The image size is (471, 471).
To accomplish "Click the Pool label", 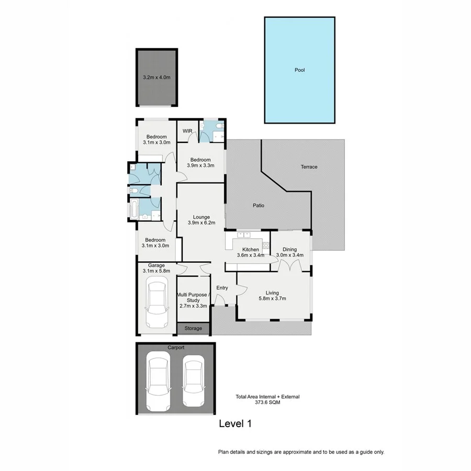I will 299,70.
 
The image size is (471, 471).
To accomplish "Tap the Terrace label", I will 309,167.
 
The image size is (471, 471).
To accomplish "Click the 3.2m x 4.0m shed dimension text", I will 157,77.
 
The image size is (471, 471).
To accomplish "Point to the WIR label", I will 187,131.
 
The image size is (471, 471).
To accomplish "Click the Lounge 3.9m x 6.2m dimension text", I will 201,222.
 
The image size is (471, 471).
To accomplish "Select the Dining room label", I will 290,250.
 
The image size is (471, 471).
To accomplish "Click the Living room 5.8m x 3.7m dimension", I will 272,299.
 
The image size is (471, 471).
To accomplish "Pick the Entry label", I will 222,288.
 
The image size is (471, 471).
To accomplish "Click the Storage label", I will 193,329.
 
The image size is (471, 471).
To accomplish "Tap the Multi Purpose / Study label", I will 193,298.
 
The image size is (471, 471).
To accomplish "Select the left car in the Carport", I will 158,379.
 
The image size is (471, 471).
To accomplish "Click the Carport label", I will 176,347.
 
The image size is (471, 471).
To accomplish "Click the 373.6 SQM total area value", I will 267,403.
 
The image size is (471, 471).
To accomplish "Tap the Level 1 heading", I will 235,424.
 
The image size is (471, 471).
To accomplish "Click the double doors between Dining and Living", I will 289,266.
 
